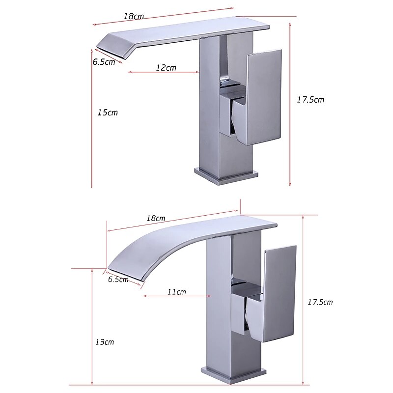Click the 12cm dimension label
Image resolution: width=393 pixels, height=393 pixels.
click(166, 68)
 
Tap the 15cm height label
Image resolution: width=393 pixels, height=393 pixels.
click(108, 112)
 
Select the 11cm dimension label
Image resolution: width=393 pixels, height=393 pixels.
click(176, 292)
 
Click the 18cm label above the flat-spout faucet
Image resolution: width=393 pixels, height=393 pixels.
click(133, 16)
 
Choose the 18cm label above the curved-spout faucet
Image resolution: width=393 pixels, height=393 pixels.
click(156, 218)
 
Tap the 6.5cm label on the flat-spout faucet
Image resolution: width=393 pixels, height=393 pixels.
click(104, 62)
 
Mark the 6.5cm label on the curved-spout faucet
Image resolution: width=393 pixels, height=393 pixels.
click(118, 279)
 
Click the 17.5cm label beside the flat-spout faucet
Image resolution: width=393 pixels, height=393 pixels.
click(310, 99)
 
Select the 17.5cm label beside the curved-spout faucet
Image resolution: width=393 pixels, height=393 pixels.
click(320, 302)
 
